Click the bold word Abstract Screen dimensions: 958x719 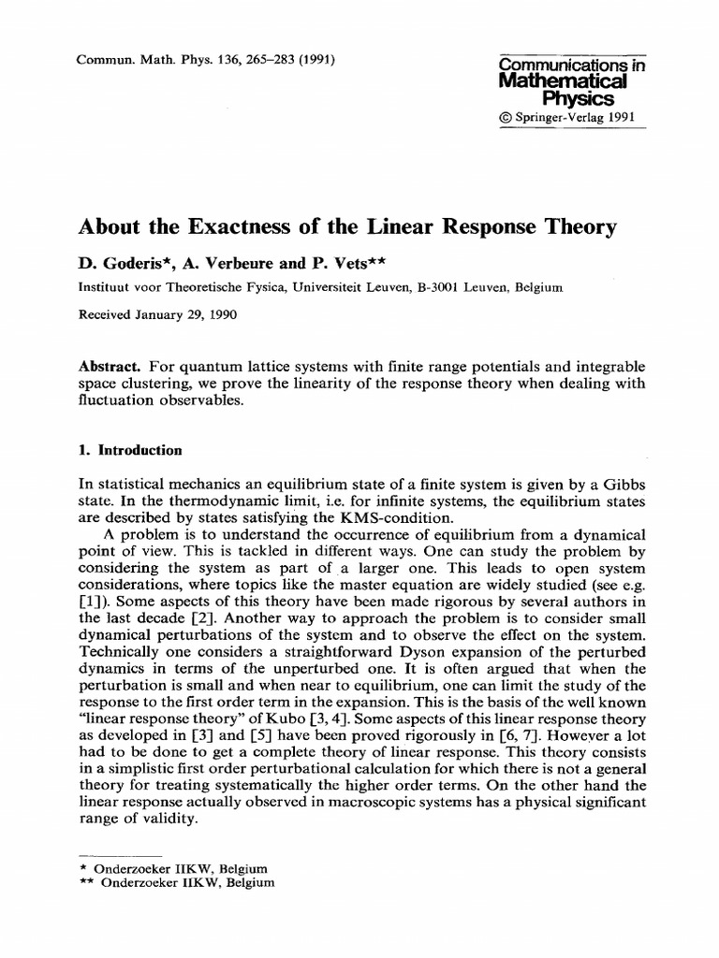tap(110, 369)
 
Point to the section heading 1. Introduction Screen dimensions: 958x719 tap(130, 450)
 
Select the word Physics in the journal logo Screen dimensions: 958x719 tap(578, 99)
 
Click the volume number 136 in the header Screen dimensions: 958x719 tap(210, 62)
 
